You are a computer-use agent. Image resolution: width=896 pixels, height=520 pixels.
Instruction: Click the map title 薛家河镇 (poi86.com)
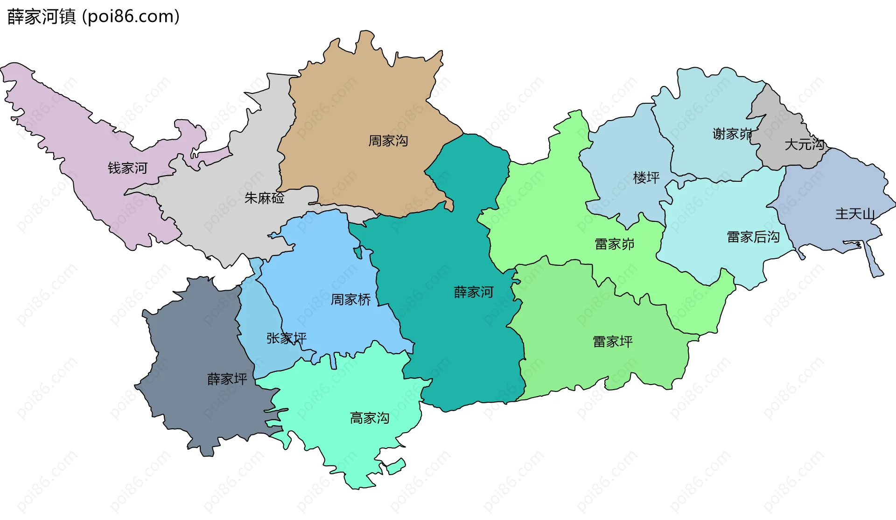[x=93, y=17]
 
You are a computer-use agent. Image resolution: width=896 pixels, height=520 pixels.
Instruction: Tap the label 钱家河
[x=127, y=168]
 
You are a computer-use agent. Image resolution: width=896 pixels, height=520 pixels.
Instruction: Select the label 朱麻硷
[x=264, y=198]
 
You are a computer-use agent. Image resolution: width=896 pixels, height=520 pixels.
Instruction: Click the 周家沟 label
[x=388, y=141]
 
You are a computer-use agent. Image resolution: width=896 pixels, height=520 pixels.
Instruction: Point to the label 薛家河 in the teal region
[x=473, y=292]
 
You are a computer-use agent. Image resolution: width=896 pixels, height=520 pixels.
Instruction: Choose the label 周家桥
[x=350, y=299]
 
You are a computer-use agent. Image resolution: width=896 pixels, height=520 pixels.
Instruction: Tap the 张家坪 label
[x=286, y=338]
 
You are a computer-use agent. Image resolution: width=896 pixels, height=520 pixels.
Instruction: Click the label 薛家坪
[x=227, y=379]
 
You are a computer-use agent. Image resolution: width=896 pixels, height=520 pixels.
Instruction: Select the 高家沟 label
[x=370, y=418]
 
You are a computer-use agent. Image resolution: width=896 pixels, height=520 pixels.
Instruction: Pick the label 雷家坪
[x=613, y=342]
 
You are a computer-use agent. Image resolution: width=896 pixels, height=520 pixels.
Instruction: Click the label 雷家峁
[x=615, y=244]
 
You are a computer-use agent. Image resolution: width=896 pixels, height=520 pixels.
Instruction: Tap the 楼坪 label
[x=646, y=178]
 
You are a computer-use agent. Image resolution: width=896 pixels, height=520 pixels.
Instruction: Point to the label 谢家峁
[x=732, y=134]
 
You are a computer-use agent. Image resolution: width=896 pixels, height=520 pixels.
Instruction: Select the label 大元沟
[x=804, y=144]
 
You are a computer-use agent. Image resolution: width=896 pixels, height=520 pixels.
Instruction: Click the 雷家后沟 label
[x=753, y=237]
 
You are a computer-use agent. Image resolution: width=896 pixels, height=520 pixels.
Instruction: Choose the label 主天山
[x=855, y=214]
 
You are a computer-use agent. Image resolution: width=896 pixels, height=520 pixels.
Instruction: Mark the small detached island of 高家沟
[x=396, y=466]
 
